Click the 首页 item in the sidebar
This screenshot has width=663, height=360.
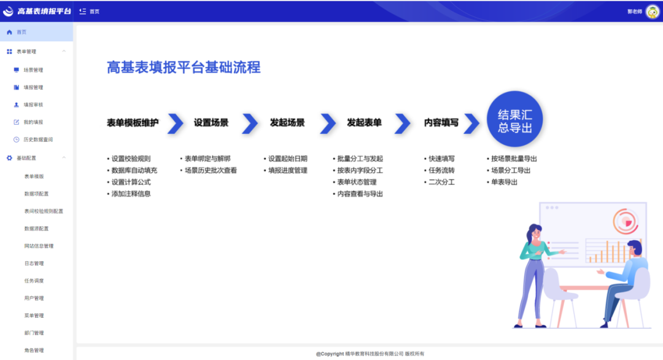21,32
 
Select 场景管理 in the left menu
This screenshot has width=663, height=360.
33,70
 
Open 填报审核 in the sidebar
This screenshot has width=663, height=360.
33,105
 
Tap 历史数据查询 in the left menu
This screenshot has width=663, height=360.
38,139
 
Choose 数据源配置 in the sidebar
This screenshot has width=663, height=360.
36,229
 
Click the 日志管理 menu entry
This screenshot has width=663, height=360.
34,264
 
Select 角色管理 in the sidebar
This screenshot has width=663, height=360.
34,350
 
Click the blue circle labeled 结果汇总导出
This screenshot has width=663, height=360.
514,119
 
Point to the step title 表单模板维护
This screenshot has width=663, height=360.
133,123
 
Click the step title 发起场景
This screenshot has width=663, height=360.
287,123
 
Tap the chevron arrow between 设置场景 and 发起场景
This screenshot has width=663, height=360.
250,123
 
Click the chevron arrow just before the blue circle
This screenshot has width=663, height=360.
471,123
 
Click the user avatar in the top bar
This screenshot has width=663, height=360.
653,12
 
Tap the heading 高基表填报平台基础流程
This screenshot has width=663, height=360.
184,67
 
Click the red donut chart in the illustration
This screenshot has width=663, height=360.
626,221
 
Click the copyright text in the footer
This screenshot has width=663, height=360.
370,354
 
